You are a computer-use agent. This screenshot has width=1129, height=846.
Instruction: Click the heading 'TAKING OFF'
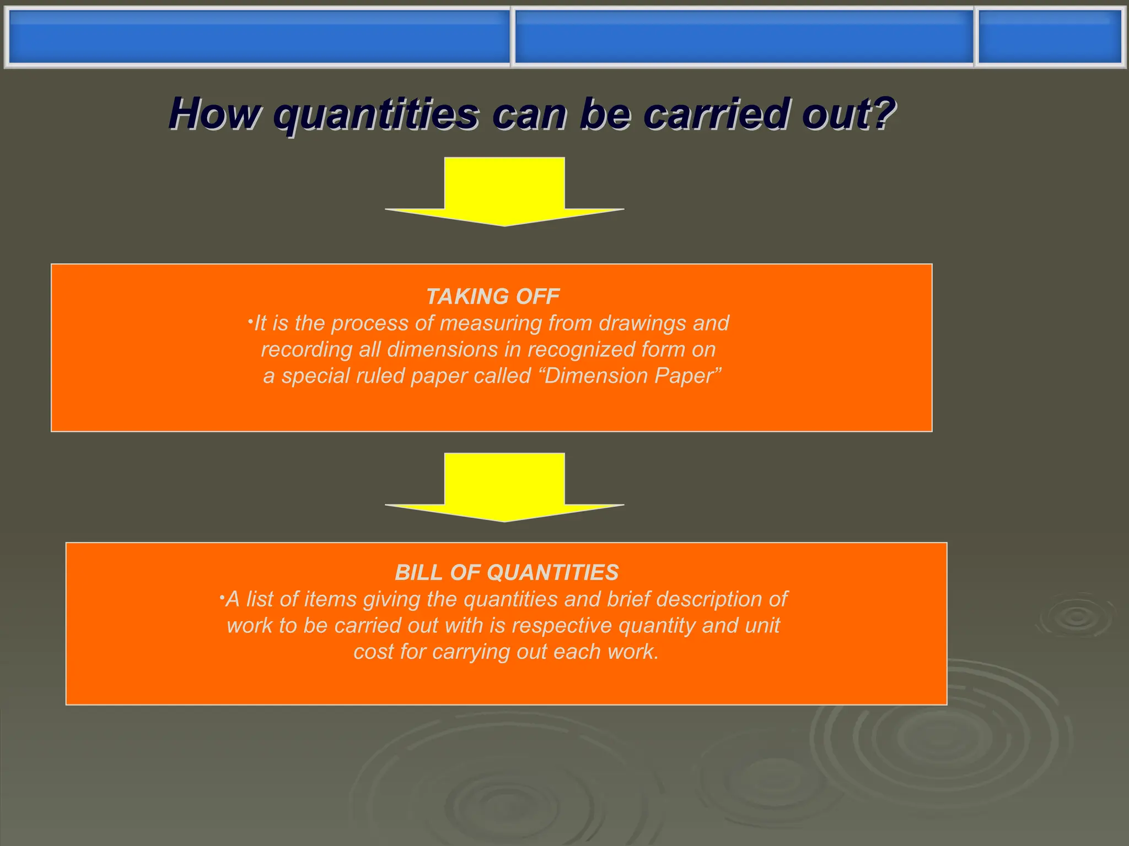tap(493, 296)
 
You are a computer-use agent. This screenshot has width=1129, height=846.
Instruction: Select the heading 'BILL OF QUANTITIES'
tap(507, 572)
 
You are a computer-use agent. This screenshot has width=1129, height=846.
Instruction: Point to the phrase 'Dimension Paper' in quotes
tap(632, 376)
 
